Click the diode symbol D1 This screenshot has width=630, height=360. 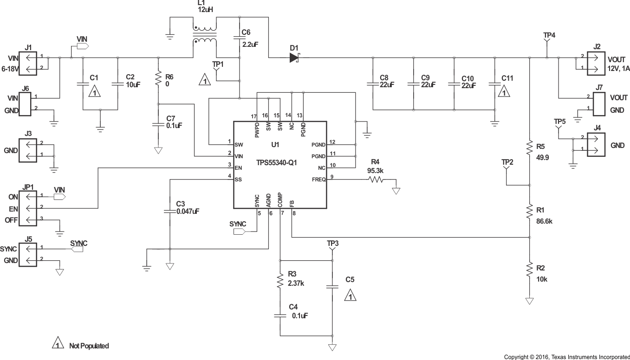[x=294, y=58]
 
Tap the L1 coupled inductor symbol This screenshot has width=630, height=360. [x=205, y=34]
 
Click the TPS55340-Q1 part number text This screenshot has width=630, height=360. [x=277, y=163]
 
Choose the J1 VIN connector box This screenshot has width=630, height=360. [x=28, y=63]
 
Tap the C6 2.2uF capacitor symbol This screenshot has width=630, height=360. [x=239, y=41]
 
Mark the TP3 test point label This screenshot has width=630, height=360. [x=332, y=243]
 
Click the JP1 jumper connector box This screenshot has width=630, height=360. [x=28, y=207]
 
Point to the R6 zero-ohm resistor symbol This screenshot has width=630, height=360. [x=158, y=79]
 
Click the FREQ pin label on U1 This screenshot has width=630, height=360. [x=318, y=180]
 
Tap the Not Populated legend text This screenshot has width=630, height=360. [x=89, y=346]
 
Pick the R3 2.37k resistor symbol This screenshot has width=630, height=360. [x=280, y=281]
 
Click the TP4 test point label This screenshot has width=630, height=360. [x=549, y=35]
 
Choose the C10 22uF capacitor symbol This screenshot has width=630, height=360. [x=454, y=84]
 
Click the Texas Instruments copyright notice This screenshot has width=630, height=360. [x=567, y=357]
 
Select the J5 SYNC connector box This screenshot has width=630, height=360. [x=28, y=254]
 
